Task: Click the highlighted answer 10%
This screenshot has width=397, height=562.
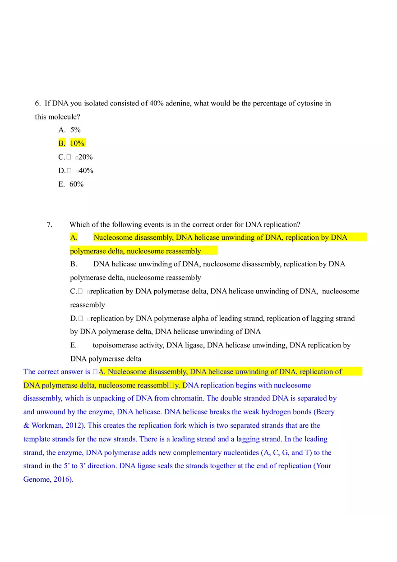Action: [x=77, y=143]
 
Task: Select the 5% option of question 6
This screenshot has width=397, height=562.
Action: [x=75, y=130]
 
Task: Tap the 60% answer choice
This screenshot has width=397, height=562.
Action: [x=76, y=184]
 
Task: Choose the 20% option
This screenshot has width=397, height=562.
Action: [x=86, y=157]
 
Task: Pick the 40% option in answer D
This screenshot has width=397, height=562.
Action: [x=86, y=171]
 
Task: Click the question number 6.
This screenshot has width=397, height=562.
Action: [x=38, y=103]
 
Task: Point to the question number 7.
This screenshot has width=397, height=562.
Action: [x=50, y=224]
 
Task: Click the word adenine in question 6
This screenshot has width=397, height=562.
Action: [x=178, y=103]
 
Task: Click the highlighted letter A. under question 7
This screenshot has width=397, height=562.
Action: [x=74, y=238]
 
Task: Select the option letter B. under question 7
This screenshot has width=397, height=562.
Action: [x=74, y=264]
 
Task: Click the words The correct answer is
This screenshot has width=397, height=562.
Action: [x=56, y=372]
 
